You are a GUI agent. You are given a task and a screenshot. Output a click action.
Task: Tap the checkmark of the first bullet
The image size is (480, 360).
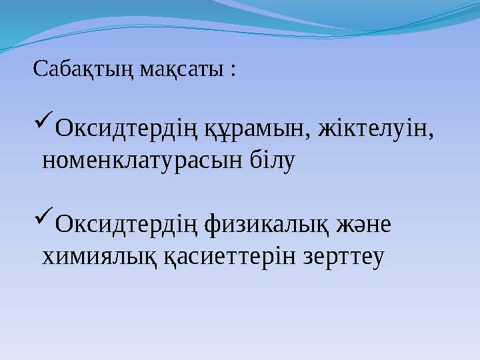(42, 124)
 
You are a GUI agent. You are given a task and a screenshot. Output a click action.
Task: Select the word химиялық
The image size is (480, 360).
(99, 256)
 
